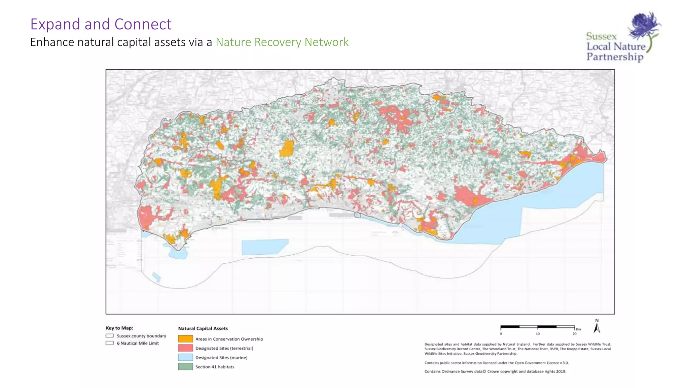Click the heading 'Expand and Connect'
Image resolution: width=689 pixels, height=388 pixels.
coord(101,24)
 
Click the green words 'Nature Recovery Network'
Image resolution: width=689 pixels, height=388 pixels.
coord(282,42)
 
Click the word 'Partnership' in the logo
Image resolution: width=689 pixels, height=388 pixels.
coord(615,57)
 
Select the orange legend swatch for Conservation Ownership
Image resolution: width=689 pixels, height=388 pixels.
coord(185,339)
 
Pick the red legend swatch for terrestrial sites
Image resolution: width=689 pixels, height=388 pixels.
coord(185,348)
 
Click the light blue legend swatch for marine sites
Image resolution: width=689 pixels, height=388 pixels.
coord(185,357)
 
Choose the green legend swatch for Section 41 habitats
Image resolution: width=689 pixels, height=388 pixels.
coord(185,366)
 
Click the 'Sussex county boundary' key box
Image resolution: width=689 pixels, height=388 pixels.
coord(110,336)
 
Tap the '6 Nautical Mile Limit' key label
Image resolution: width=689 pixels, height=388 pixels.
coord(138,343)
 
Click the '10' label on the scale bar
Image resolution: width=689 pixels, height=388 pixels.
coord(538,334)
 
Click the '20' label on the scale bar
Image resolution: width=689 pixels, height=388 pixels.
coord(574,334)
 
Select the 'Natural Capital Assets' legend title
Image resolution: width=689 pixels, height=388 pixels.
coord(203,328)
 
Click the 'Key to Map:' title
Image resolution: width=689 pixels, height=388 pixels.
coord(119,328)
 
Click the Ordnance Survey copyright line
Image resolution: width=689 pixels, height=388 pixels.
coord(495,371)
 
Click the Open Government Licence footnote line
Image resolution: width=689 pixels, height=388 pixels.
coord(496,363)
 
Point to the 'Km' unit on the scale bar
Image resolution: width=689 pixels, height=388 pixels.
coord(578,329)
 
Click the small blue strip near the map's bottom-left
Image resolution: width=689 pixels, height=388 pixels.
coord(156,277)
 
